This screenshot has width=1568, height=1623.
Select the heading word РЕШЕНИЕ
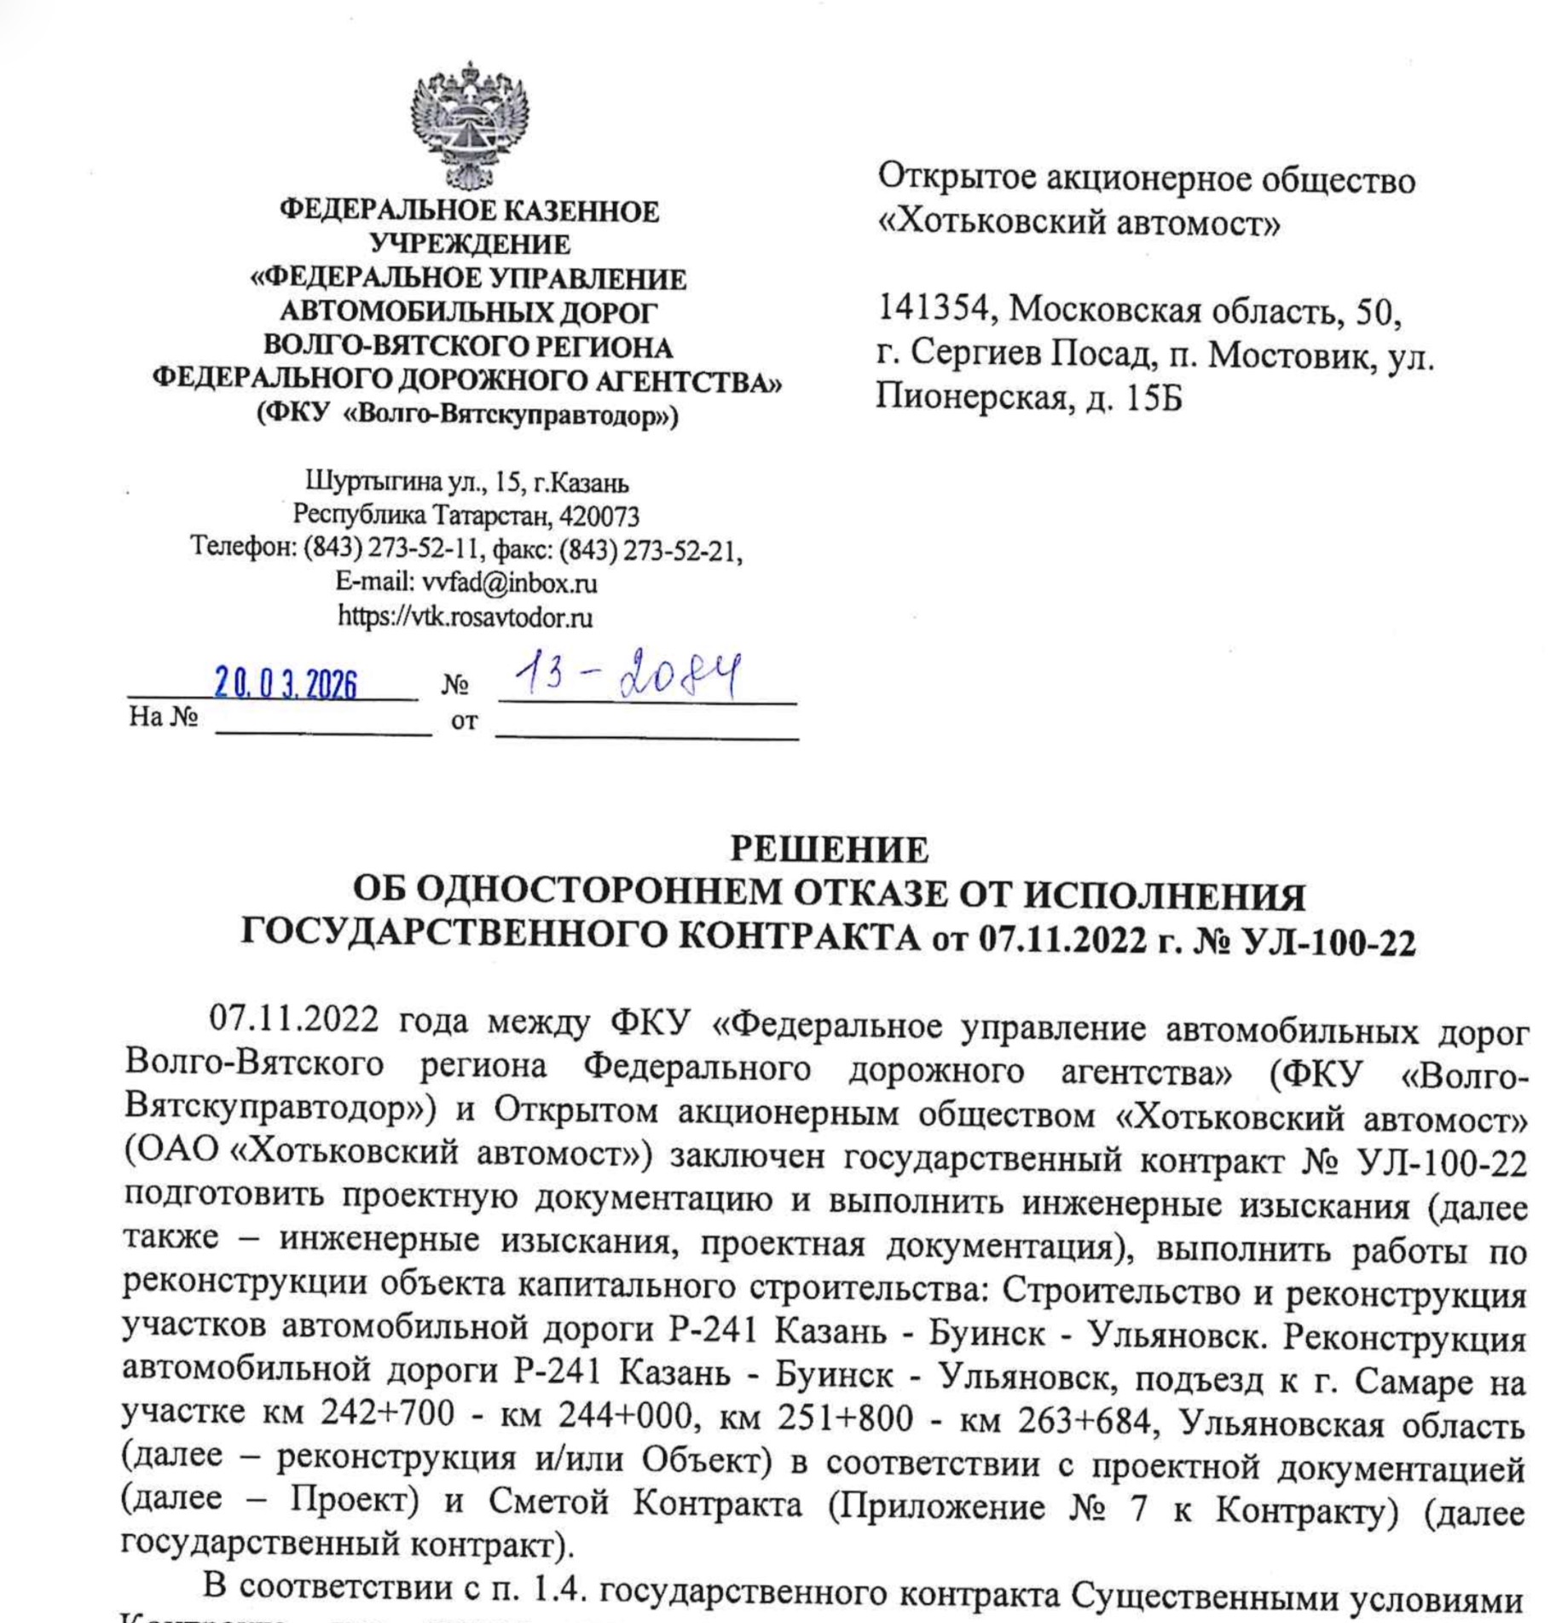(x=829, y=849)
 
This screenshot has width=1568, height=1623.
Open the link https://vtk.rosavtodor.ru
(x=465, y=617)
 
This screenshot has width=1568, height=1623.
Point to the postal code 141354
(x=931, y=309)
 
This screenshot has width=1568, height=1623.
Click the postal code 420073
(x=605, y=517)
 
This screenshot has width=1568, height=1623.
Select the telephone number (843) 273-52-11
(x=394, y=548)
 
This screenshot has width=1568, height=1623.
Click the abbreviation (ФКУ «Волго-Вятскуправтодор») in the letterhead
(x=468, y=415)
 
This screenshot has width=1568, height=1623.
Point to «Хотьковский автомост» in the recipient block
(x=1079, y=223)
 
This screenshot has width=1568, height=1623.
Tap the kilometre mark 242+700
(x=387, y=1413)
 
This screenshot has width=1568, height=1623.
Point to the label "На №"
(x=163, y=716)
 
